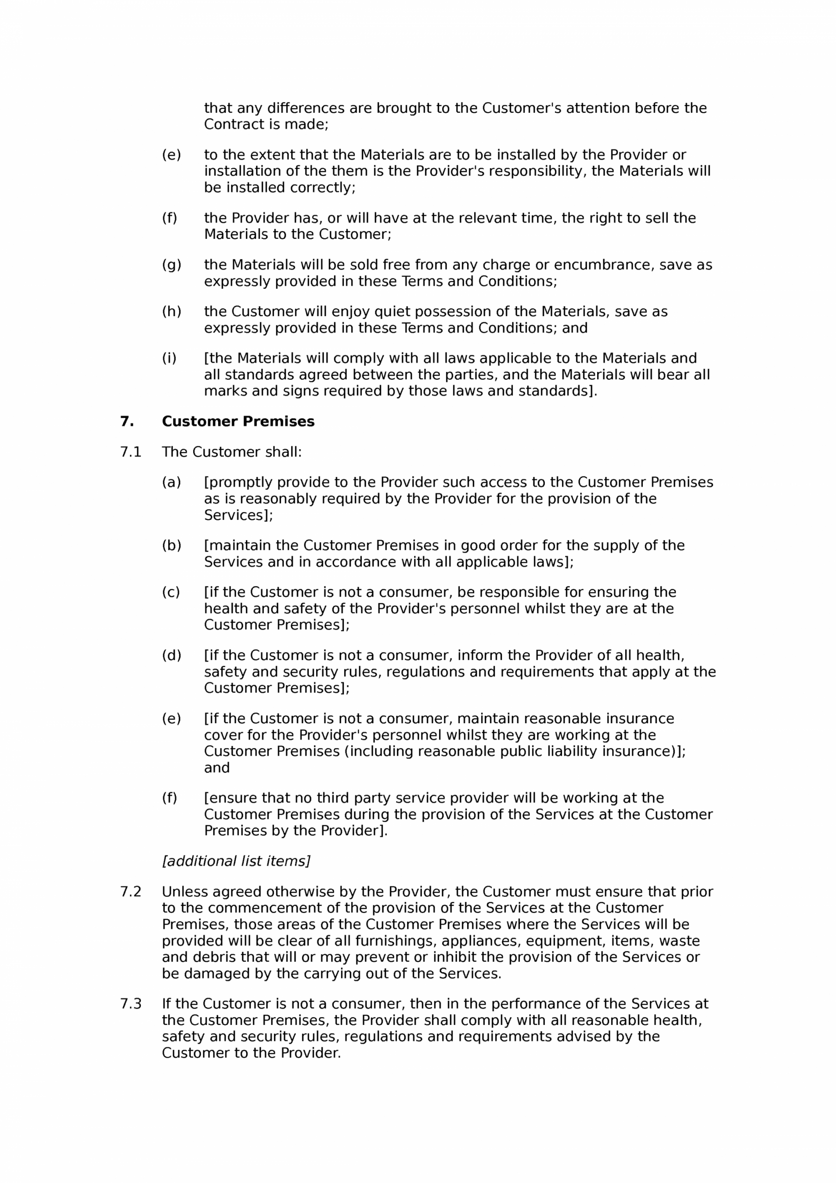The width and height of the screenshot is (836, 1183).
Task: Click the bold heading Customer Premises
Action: pyautogui.click(x=238, y=421)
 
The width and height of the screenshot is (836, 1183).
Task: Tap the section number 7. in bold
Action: pyautogui.click(x=127, y=421)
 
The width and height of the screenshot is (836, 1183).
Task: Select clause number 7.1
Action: pyautogui.click(x=130, y=452)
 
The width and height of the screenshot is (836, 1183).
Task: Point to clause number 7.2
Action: pyautogui.click(x=130, y=891)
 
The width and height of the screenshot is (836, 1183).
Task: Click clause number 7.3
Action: pyautogui.click(x=130, y=1004)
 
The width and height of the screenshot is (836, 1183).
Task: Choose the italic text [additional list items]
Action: pyautogui.click(x=236, y=861)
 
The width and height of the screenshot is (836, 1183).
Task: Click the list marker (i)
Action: pyautogui.click(x=169, y=358)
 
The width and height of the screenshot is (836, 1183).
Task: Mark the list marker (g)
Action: pyautogui.click(x=171, y=265)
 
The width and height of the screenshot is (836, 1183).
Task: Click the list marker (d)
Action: pyautogui.click(x=171, y=655)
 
